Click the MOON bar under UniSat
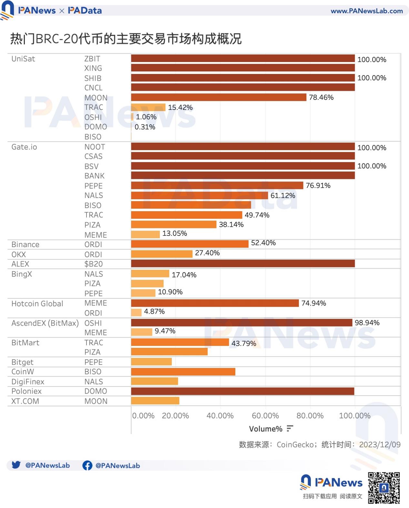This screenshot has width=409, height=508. [x=219, y=97]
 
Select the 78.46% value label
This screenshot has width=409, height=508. [x=321, y=98]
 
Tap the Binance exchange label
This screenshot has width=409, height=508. [x=25, y=244]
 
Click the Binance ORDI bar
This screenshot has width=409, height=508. [x=190, y=244]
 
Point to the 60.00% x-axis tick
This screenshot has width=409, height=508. [x=265, y=416]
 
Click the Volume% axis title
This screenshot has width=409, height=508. [x=265, y=429]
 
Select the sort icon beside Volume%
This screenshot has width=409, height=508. [x=290, y=429]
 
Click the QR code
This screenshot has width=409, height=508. [x=383, y=488]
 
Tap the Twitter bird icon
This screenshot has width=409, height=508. [x=16, y=465]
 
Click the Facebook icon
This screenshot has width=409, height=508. [x=87, y=465]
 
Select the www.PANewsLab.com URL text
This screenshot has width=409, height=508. [x=366, y=11]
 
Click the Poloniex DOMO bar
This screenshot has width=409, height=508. [x=242, y=391]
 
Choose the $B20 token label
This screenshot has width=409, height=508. [x=93, y=264]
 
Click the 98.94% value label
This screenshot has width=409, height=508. [x=367, y=323]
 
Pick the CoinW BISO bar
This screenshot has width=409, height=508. [x=183, y=372]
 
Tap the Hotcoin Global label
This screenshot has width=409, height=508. [x=37, y=304]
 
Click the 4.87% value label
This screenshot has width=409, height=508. [x=154, y=312]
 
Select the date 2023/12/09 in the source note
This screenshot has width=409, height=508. [x=380, y=445]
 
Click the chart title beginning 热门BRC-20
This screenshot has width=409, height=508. [x=126, y=39]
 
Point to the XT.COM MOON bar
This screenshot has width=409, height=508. [x=155, y=401]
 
